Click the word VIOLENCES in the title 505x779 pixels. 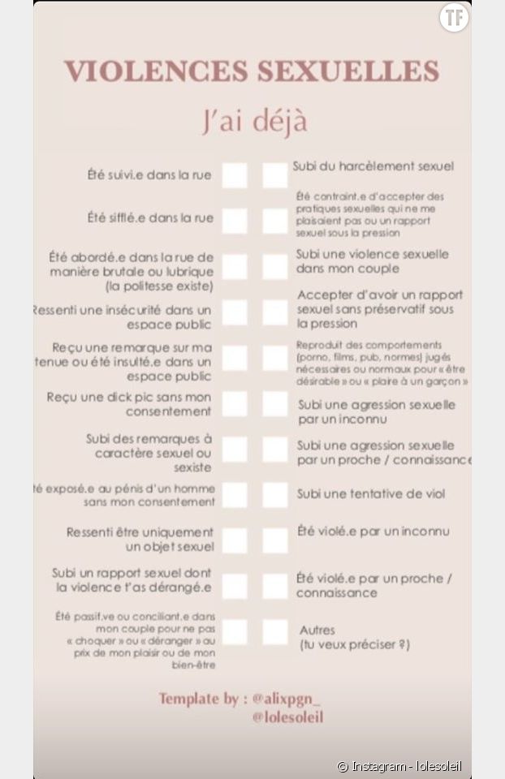click(157, 71)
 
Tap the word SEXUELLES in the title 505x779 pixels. click(348, 71)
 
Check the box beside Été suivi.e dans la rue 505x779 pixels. click(235, 175)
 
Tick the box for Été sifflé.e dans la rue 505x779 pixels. click(235, 220)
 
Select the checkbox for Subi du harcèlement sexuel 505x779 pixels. click(274, 175)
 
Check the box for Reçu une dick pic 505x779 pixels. click(235, 404)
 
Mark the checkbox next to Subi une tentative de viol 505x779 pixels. click(274, 495)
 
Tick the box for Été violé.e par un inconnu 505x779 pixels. click(274, 540)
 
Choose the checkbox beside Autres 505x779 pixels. click(274, 631)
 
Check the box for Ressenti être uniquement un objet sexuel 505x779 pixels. click(235, 540)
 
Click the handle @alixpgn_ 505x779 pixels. click(287, 698)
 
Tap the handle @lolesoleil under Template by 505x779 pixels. click(287, 717)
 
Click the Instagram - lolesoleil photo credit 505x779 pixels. click(404, 766)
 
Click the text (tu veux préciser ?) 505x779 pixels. click(353, 645)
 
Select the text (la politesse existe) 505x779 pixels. click(159, 286)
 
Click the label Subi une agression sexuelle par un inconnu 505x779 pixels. click(376, 411)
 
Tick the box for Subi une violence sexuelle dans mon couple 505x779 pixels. click(274, 266)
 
